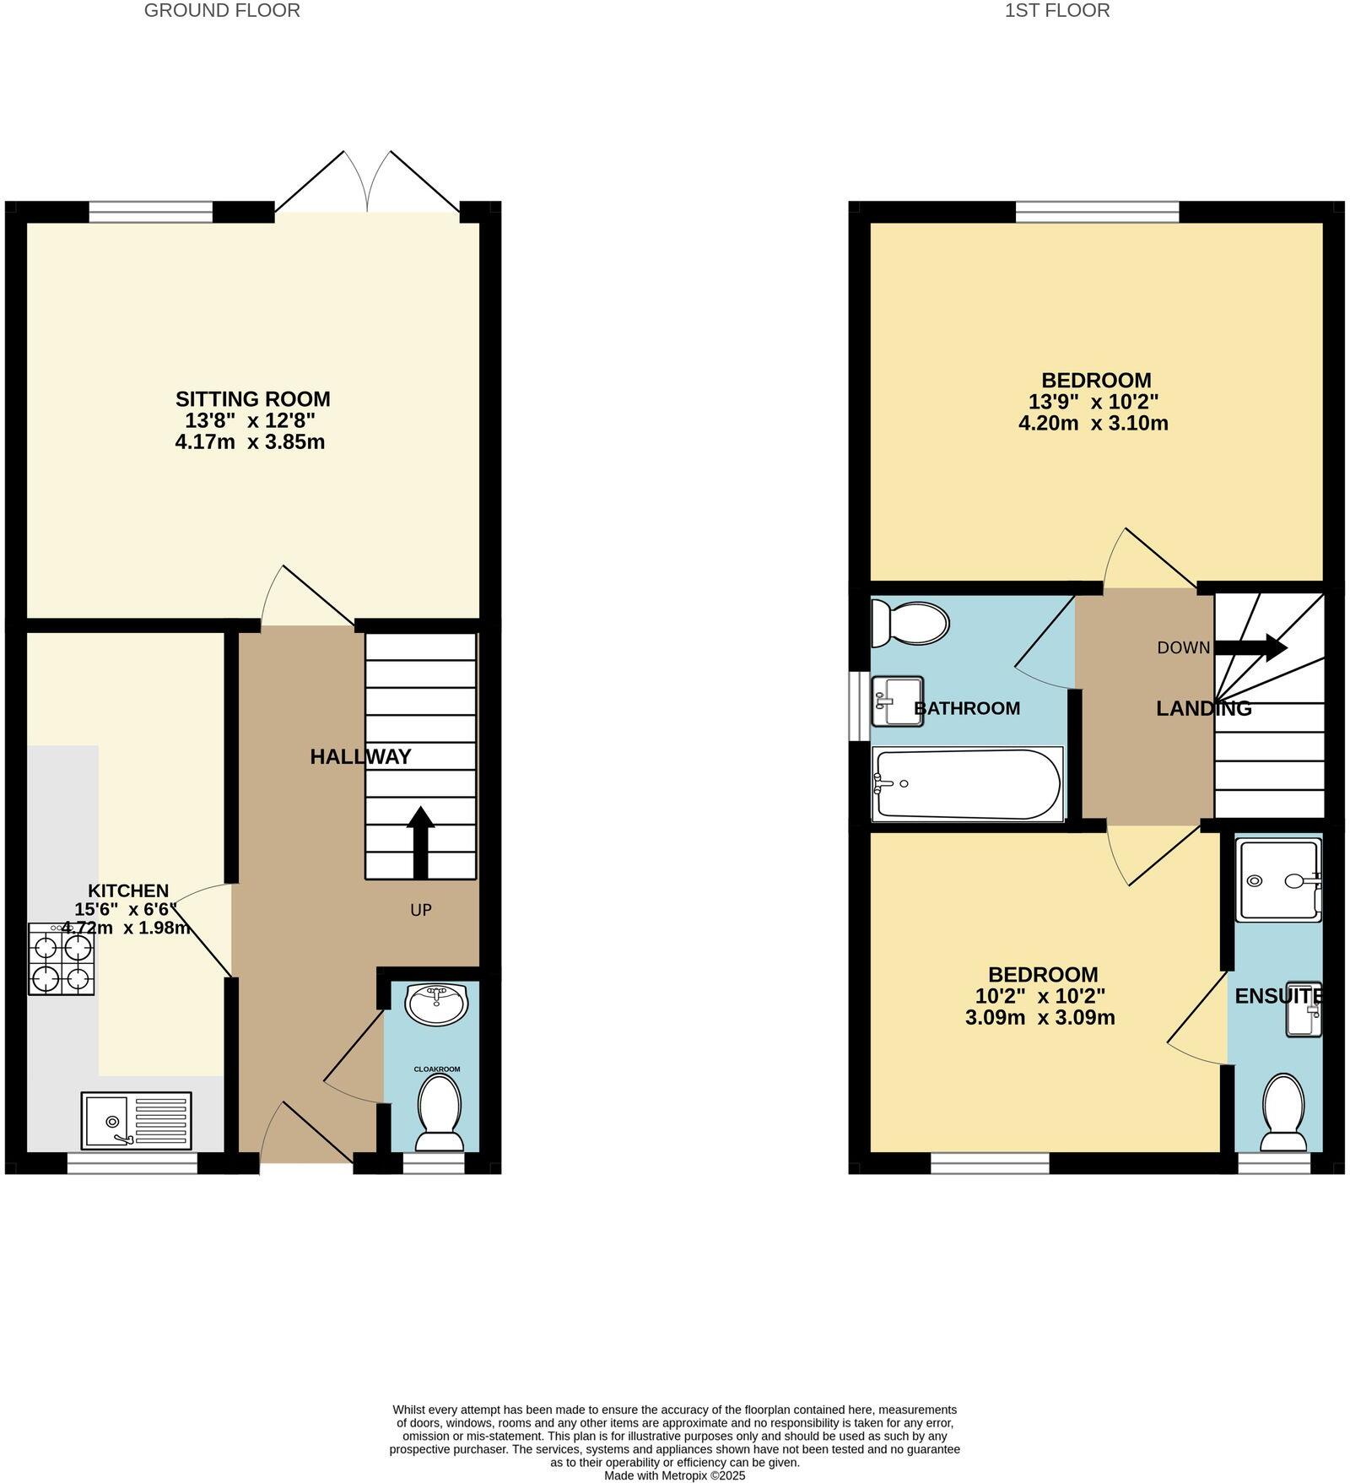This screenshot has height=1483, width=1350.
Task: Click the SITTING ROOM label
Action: pyautogui.click(x=252, y=398)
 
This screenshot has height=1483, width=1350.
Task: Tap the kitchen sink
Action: pyautogui.click(x=136, y=1121)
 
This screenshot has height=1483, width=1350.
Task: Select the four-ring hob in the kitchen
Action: pyautogui.click(x=62, y=959)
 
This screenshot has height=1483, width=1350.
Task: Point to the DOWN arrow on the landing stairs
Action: pyautogui.click(x=1250, y=647)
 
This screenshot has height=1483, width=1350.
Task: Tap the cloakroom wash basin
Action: pyautogui.click(x=435, y=1003)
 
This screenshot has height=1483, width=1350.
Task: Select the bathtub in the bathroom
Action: pyautogui.click(x=968, y=784)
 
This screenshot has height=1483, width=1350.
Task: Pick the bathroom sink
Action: pyautogui.click(x=897, y=701)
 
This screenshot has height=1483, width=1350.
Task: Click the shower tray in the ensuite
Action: pyautogui.click(x=1278, y=880)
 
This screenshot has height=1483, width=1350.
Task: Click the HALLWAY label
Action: pyautogui.click(x=360, y=756)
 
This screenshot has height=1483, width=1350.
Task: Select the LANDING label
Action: pyautogui.click(x=1203, y=708)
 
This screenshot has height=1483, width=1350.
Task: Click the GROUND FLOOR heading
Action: pyautogui.click(x=222, y=11)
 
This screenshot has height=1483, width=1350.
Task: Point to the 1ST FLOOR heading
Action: pyautogui.click(x=1057, y=11)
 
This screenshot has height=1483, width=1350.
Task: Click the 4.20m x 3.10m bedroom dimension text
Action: pyautogui.click(x=1093, y=424)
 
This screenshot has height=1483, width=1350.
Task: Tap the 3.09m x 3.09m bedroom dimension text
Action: pyautogui.click(x=1039, y=1018)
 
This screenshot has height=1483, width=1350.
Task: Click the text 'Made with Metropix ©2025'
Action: pyautogui.click(x=674, y=1476)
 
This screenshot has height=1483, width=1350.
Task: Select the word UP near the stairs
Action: pyautogui.click(x=421, y=910)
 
